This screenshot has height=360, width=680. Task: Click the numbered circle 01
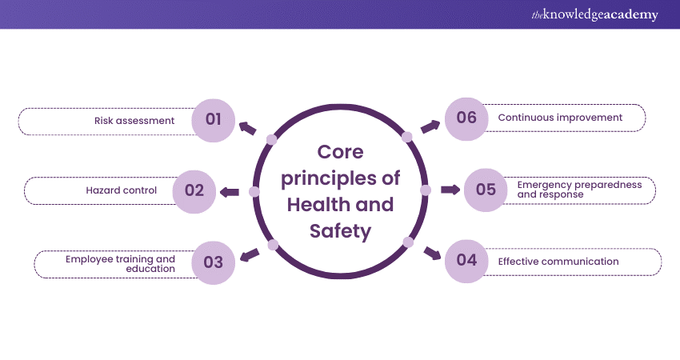(x=213, y=120)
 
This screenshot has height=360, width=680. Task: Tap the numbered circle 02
(x=194, y=191)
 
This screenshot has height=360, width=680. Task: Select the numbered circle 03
(x=213, y=262)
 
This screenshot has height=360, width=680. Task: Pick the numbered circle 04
(x=466, y=261)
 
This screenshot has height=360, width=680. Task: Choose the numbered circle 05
(x=486, y=190)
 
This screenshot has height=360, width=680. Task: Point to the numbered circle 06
(x=466, y=118)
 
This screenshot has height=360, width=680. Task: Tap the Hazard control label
(x=122, y=191)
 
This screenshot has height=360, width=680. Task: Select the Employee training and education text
(x=120, y=263)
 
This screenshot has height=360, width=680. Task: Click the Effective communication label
(x=558, y=262)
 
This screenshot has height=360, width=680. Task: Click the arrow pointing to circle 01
(x=247, y=127)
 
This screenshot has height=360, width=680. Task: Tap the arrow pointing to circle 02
(x=230, y=191)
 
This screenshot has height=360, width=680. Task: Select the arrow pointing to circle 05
(x=450, y=190)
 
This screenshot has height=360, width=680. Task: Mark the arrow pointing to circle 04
(x=432, y=254)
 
